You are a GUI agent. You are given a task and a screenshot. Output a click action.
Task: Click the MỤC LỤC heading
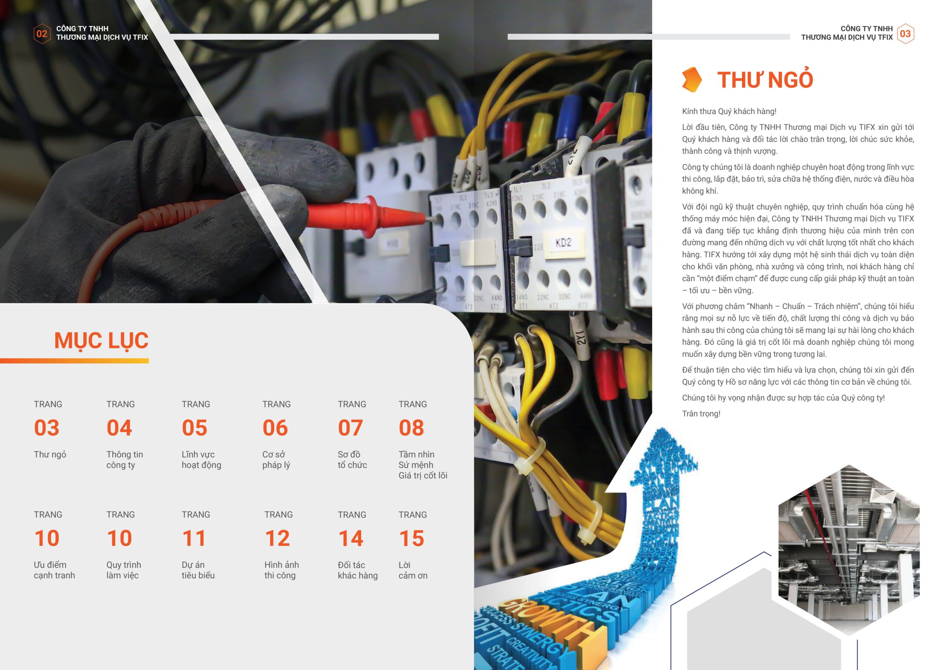pyautogui.click(x=101, y=341)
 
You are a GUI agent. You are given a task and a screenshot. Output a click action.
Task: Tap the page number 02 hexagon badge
pyautogui.click(x=42, y=33)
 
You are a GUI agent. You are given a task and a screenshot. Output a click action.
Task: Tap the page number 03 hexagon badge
pyautogui.click(x=905, y=33)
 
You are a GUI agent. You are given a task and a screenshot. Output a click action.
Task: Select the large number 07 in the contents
pyautogui.click(x=351, y=428)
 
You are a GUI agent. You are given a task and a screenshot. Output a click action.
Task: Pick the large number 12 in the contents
pyautogui.click(x=277, y=538)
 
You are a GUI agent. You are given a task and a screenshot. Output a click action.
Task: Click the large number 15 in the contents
pyautogui.click(x=412, y=538)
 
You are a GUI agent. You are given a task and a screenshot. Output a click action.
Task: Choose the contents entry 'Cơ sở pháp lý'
pyautogui.click(x=276, y=459)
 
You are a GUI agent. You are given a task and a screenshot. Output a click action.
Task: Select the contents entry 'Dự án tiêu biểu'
pyautogui.click(x=198, y=570)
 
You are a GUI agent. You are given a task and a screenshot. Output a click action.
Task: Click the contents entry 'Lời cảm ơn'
pyautogui.click(x=413, y=570)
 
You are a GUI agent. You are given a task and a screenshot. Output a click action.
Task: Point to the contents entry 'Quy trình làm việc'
pyautogui.click(x=123, y=570)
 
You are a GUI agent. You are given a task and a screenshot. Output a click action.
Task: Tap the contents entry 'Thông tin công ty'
pyautogui.click(x=125, y=459)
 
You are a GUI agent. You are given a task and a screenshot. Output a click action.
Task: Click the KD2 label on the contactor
pyautogui.click(x=563, y=243)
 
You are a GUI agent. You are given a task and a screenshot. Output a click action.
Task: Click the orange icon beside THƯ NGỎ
pyautogui.click(x=692, y=79)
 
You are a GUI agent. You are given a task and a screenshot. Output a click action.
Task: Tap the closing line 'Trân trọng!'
pyautogui.click(x=701, y=413)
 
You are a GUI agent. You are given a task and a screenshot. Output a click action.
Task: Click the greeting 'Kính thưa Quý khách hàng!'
pyautogui.click(x=729, y=111)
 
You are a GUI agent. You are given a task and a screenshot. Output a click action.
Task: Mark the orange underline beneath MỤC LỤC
pyautogui.click(x=74, y=361)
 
